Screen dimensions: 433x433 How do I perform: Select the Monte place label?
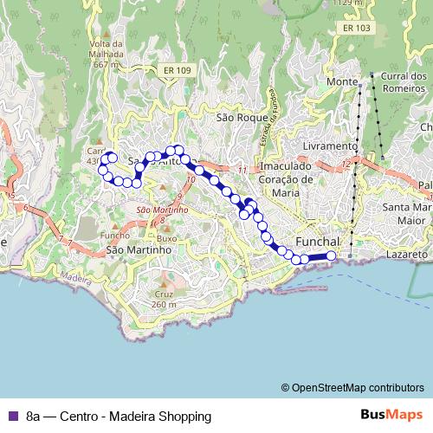(342, 81)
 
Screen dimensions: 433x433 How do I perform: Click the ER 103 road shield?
(356, 28)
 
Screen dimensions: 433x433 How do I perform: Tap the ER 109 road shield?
(177, 70)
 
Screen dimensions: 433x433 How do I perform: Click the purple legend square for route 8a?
(11, 416)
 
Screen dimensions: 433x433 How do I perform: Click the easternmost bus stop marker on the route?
(330, 255)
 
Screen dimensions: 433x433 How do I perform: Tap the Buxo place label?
(167, 237)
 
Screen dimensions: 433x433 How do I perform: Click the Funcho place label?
(115, 236)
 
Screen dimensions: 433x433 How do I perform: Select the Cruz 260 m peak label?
(164, 299)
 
